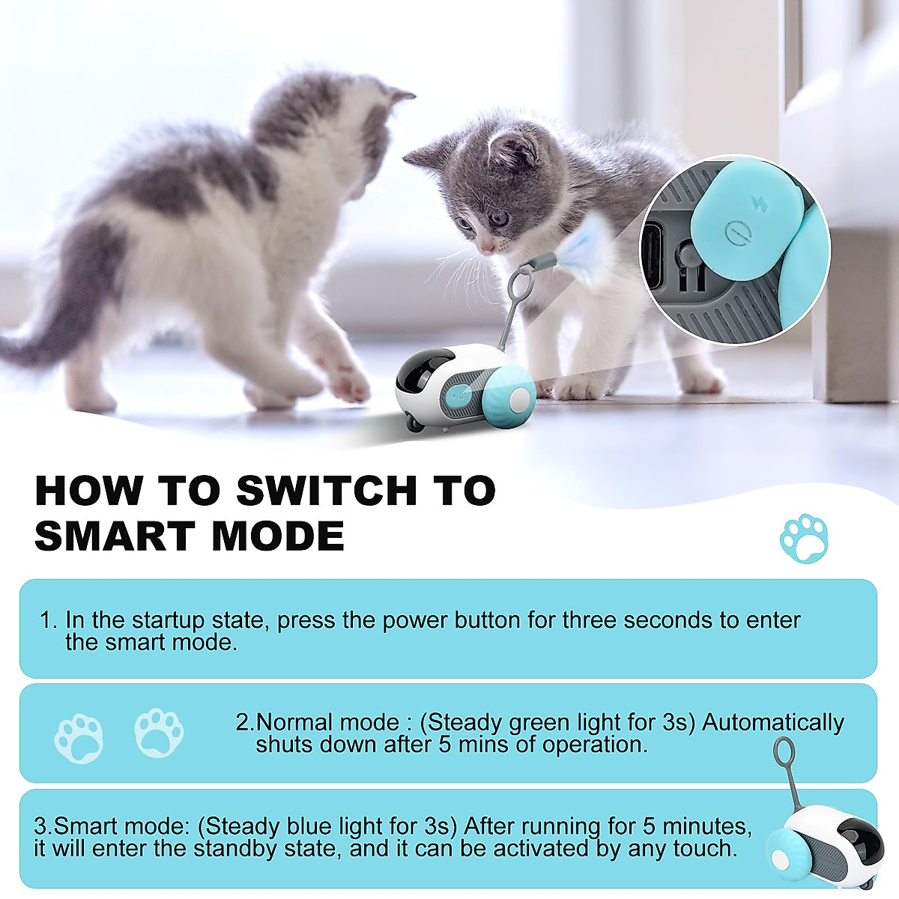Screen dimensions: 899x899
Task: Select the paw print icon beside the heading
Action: pyautogui.click(x=804, y=538)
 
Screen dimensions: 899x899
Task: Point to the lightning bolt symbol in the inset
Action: pyautogui.click(x=760, y=204)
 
